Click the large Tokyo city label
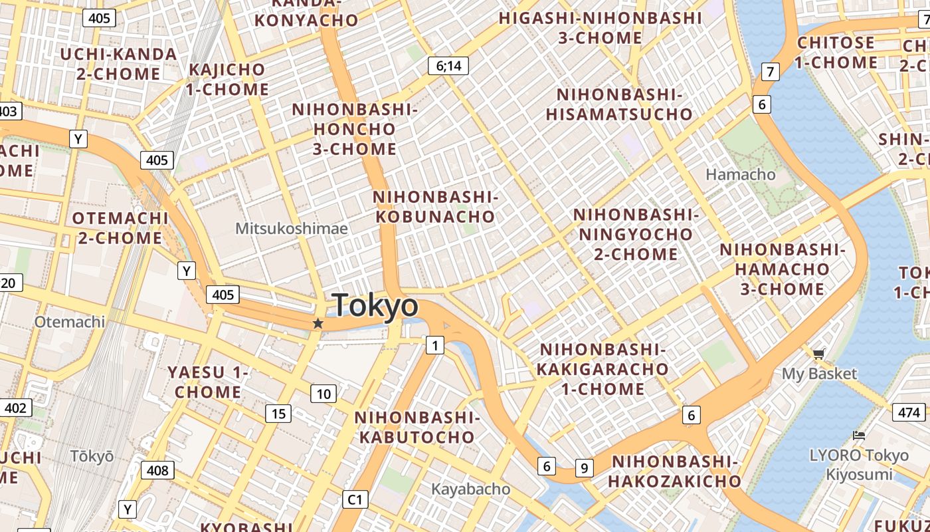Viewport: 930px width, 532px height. coord(375,306)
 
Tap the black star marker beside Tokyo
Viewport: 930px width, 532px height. coord(318,323)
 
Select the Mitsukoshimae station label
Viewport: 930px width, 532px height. coord(292,229)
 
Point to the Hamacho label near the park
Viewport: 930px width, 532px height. coord(741,174)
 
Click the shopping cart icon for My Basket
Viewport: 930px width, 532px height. coord(818,354)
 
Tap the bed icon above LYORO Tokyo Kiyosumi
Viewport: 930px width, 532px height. coord(859,436)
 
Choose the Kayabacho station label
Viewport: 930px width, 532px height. coord(471,489)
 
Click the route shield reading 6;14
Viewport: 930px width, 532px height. coord(448,65)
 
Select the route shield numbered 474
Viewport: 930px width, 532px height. coord(909,412)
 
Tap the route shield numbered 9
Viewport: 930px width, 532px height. coord(584,468)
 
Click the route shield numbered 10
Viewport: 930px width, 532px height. coord(324,394)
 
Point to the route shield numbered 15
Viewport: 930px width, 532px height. coord(278,414)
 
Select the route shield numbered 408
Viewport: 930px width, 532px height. coord(157,471)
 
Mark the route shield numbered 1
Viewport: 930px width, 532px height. coord(434,345)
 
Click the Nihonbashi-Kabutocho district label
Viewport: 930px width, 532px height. coord(417,427)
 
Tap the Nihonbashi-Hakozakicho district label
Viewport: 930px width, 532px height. coord(675,471)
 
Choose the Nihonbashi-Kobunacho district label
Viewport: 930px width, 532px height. coord(435,207)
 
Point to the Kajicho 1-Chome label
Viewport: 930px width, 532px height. coord(228,79)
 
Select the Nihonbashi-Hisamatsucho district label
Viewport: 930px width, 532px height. coord(620,104)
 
